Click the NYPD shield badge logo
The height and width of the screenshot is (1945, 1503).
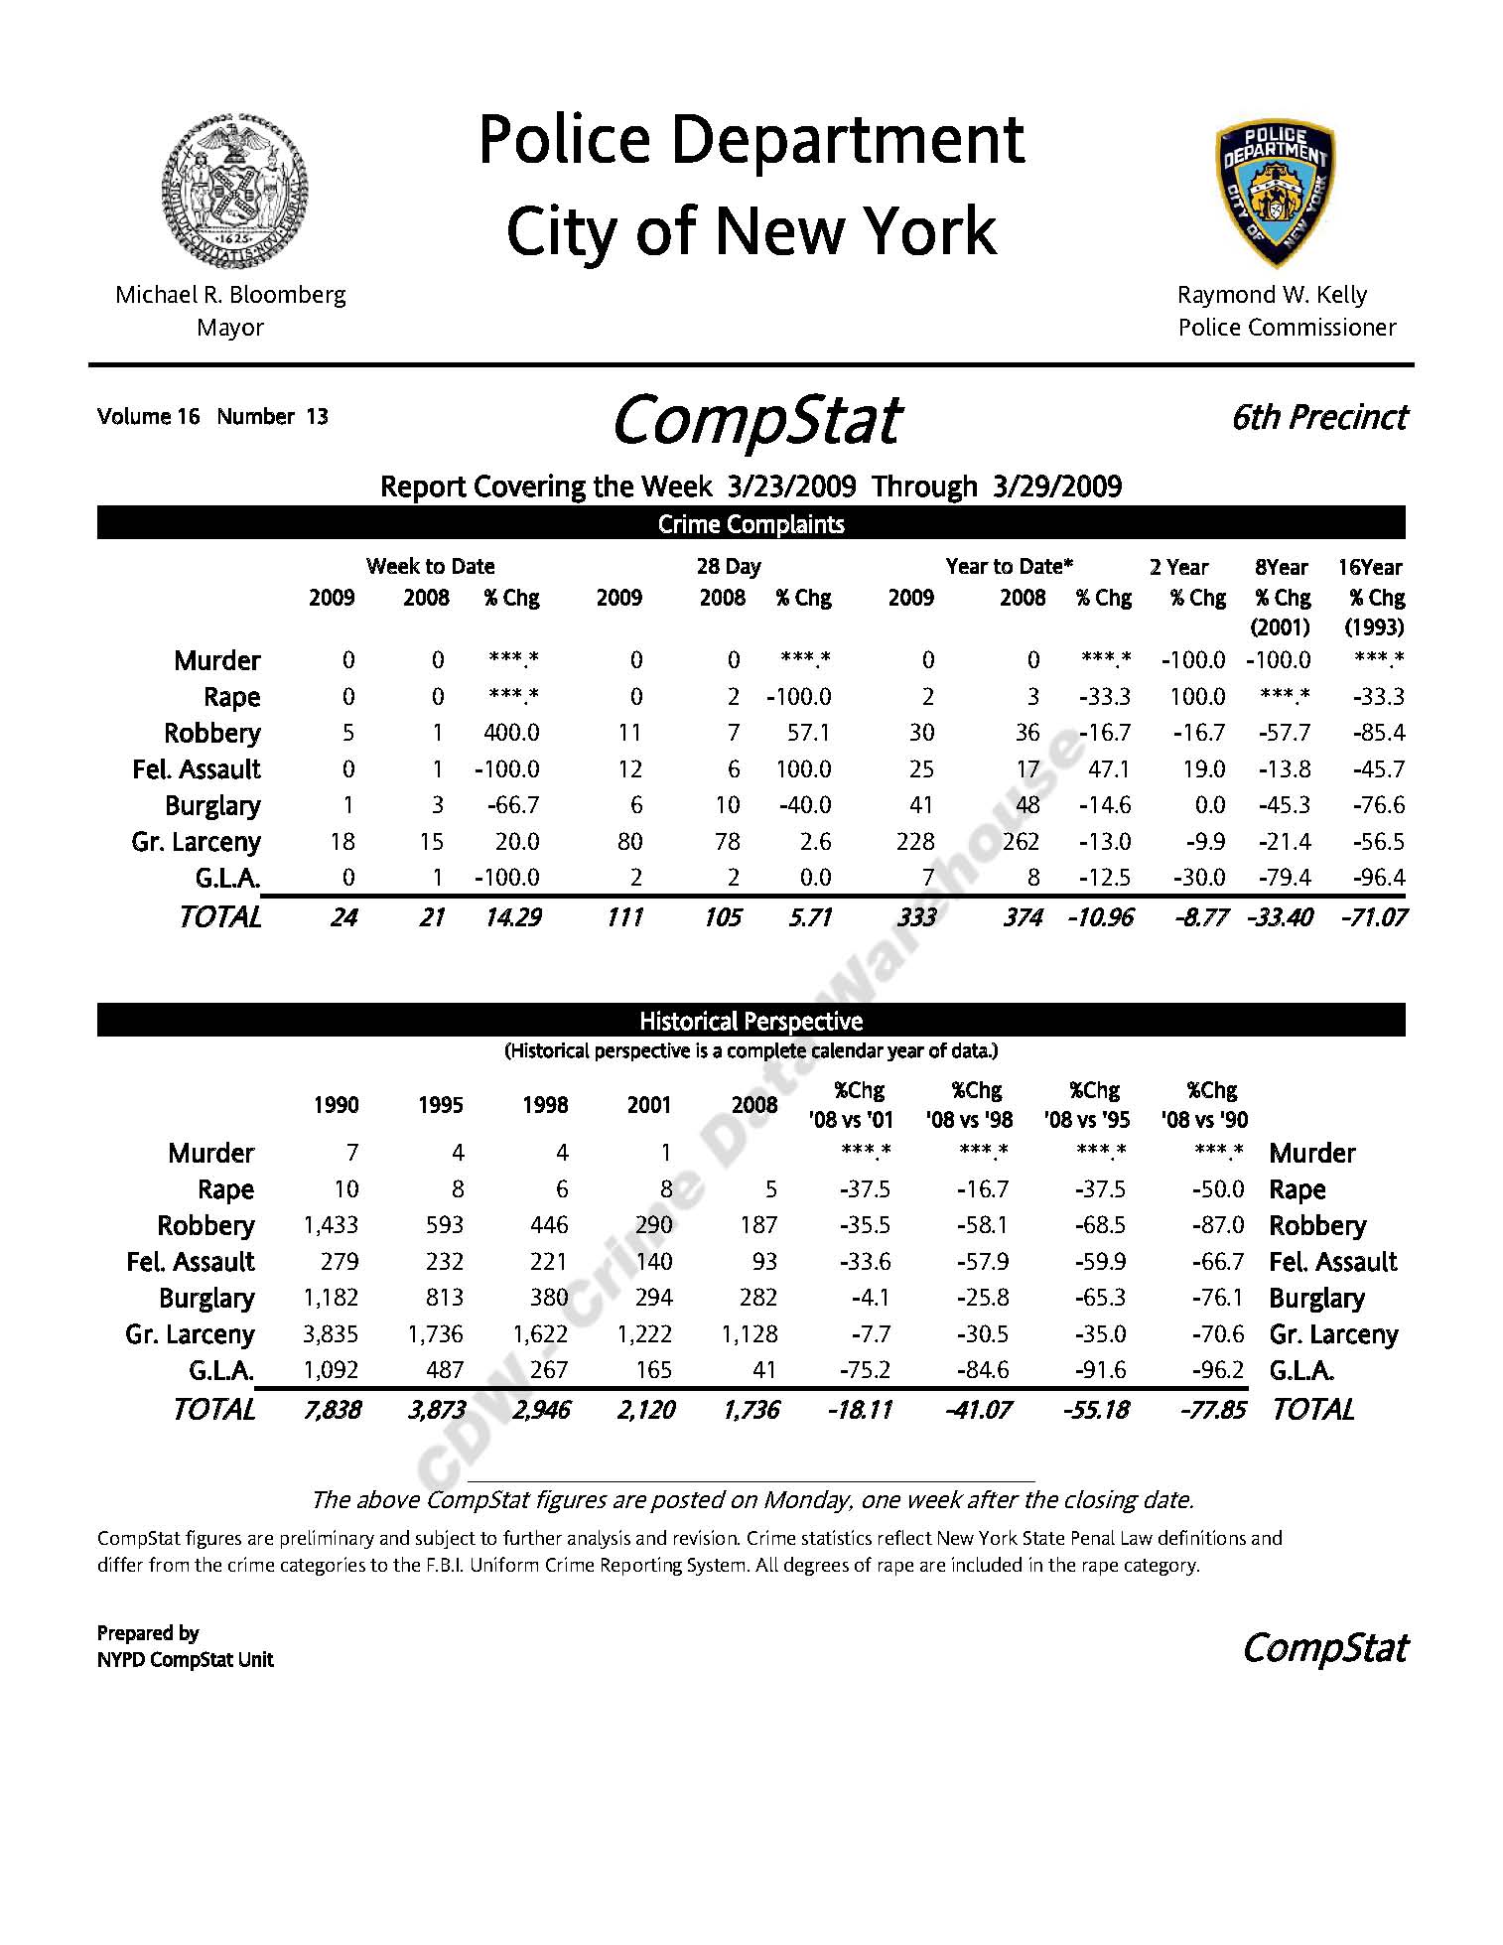pos(1275,193)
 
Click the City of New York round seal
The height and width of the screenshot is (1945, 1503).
pos(235,191)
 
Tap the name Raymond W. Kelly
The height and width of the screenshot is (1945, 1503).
pos(1272,295)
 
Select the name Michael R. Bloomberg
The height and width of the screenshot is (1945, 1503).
pos(230,295)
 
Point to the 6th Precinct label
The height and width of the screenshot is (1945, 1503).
pos(1318,417)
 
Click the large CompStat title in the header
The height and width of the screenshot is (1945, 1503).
pos(755,421)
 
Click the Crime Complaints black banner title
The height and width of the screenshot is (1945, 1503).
pos(751,524)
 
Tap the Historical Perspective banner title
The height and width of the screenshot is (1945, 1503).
pos(751,1021)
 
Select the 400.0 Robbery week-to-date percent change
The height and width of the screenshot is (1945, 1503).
pos(511,733)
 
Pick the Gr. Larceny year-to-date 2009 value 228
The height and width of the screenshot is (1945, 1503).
pos(914,842)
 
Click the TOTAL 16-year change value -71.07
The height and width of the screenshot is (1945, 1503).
pos(1373,917)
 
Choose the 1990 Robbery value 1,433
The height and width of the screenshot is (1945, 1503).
pos(331,1225)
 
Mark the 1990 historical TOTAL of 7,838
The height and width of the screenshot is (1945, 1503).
pos(332,1410)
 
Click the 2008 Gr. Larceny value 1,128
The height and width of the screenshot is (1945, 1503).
pos(750,1334)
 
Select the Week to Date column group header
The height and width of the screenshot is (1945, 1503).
pos(430,566)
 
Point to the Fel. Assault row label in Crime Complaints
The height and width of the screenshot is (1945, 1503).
pos(196,769)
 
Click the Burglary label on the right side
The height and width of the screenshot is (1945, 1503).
pos(1316,1298)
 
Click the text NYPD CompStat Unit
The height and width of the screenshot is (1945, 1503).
pos(185,1659)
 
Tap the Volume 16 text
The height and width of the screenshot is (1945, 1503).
pos(148,416)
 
